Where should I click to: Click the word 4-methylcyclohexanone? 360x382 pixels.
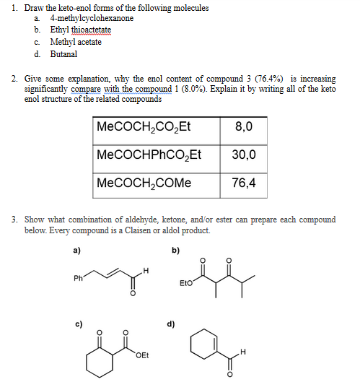(x=92, y=18)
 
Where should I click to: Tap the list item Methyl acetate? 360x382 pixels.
(x=76, y=42)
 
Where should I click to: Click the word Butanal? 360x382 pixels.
(x=63, y=54)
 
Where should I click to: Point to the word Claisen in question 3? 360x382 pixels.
(x=143, y=230)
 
